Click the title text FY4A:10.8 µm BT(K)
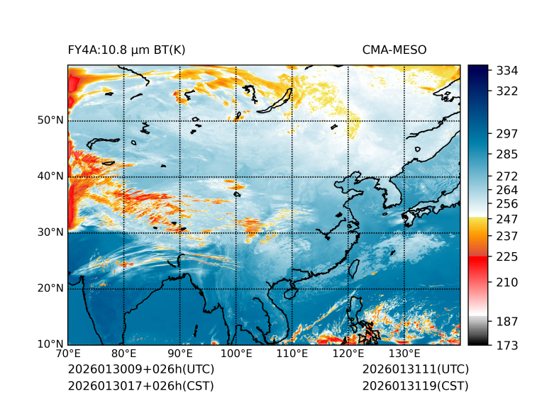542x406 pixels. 126,50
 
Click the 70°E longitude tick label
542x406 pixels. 68,354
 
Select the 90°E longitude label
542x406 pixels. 180,354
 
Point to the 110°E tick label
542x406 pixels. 292,354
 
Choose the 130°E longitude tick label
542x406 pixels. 404,354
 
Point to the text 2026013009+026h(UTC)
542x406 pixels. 140,369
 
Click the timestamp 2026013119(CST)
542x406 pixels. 415,385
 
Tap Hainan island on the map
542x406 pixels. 289,291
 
